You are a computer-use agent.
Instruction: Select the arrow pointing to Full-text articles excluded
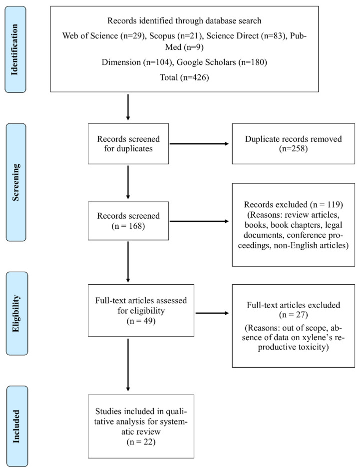[x=212, y=313]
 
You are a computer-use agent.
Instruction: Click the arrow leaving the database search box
[x=128, y=106]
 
